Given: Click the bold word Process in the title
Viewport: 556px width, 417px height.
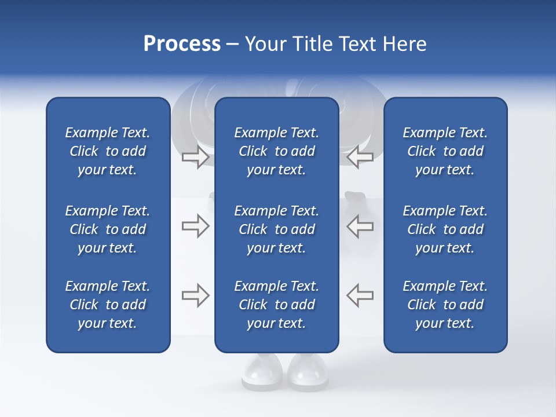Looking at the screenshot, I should pyautogui.click(x=182, y=44).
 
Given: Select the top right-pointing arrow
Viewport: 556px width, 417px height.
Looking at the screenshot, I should pyautogui.click(x=195, y=157).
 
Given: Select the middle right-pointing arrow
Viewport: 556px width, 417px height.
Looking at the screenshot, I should pyautogui.click(x=195, y=226).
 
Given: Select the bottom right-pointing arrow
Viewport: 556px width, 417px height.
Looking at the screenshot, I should pyautogui.click(x=195, y=295).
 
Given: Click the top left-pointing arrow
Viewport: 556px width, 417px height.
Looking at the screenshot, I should pyautogui.click(x=360, y=157).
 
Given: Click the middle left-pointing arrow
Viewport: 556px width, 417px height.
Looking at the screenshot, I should pyautogui.click(x=360, y=226).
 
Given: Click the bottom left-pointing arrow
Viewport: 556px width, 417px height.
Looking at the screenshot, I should pyautogui.click(x=360, y=295).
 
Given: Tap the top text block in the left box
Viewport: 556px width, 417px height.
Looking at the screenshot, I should pyautogui.click(x=108, y=151).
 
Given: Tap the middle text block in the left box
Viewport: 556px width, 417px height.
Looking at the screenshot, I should pyautogui.click(x=108, y=229).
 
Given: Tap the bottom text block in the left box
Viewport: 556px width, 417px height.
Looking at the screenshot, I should pyautogui.click(x=108, y=305).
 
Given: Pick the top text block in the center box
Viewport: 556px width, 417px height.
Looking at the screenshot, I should pyautogui.click(x=276, y=151).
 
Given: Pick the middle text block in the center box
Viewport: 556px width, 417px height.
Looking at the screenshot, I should pyautogui.click(x=276, y=229).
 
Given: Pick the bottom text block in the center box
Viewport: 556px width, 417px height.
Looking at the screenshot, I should pyautogui.click(x=276, y=305).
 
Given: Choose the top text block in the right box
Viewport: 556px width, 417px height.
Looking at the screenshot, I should pyautogui.click(x=445, y=151).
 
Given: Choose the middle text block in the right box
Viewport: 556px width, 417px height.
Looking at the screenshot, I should pyautogui.click(x=445, y=229).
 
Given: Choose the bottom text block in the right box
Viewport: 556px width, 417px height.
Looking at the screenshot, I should pyautogui.click(x=445, y=305).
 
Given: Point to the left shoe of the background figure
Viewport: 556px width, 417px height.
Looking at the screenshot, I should pyautogui.click(x=262, y=371).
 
